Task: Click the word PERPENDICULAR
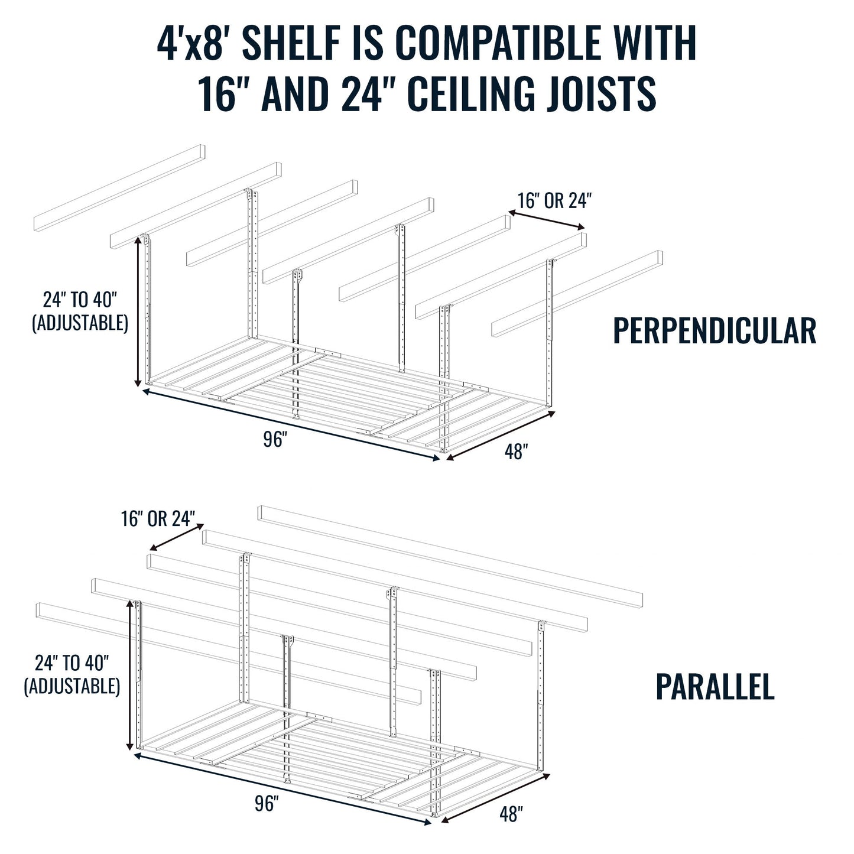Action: pos(714,331)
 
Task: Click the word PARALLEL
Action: pos(715,687)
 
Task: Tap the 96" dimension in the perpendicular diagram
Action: pos(275,440)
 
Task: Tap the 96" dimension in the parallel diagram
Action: pos(267,804)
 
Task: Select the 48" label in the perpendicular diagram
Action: pos(516,452)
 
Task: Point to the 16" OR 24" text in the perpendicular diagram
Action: pos(554,201)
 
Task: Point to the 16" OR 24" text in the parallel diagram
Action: pos(158,519)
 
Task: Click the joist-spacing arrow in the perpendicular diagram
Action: pos(547,220)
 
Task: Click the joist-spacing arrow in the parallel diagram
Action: pos(176,536)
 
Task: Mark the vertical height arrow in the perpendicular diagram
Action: pos(141,310)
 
